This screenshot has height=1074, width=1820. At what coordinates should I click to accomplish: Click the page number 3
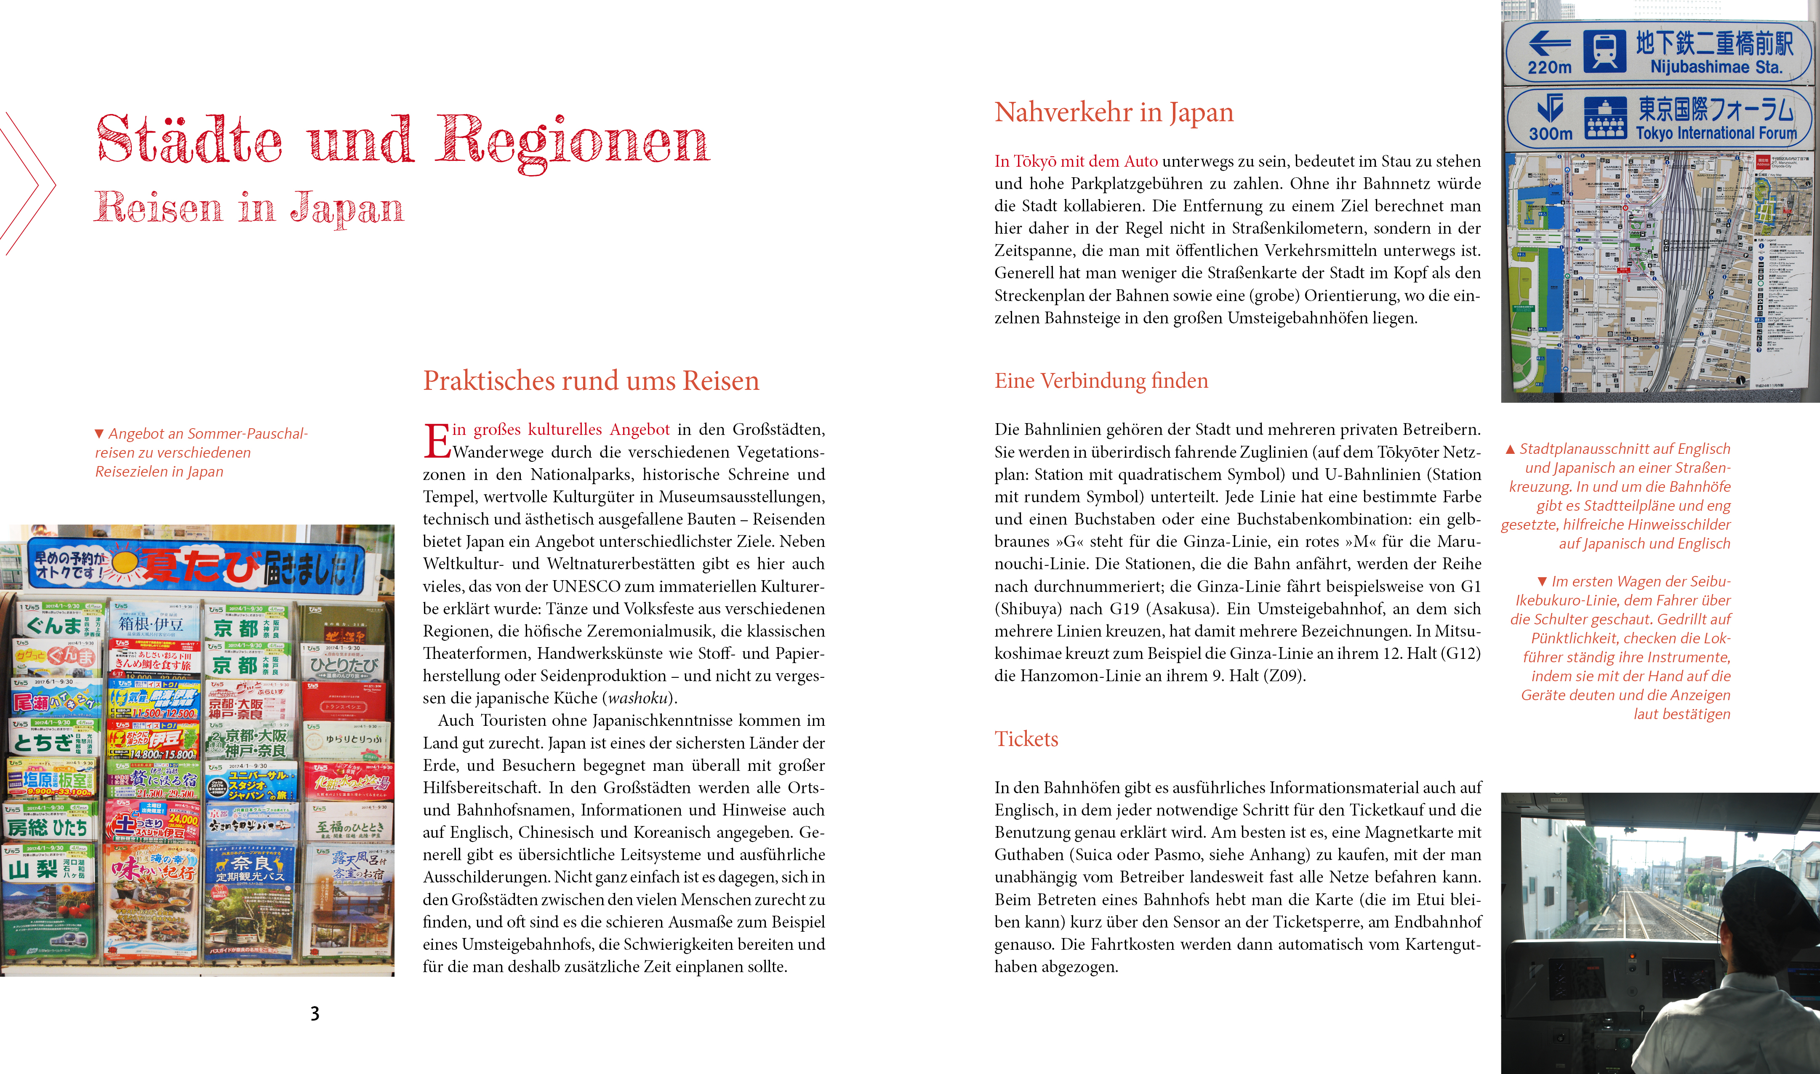[x=315, y=1013]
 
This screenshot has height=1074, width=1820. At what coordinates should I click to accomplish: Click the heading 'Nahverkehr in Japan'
[x=1114, y=112]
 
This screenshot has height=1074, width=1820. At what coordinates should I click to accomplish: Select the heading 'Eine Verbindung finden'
[x=1101, y=381]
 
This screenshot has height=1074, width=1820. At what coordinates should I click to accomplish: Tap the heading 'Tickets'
[x=1026, y=739]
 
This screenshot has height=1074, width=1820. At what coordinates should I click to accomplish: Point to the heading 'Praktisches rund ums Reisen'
[x=591, y=381]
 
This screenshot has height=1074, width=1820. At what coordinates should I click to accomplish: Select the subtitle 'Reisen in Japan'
[x=248, y=208]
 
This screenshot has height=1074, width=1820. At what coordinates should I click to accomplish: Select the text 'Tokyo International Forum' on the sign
[x=1716, y=133]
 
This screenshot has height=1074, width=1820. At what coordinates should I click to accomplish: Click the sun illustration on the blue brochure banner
[x=125, y=563]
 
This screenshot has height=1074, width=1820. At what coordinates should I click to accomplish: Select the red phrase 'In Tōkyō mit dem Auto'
[x=1075, y=161]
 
